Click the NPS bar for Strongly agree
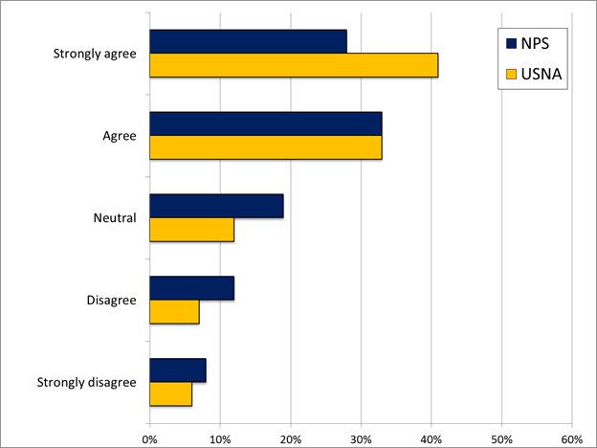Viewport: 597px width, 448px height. click(248, 41)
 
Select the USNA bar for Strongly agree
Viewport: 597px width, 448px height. click(294, 65)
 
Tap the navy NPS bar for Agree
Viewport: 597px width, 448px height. click(266, 123)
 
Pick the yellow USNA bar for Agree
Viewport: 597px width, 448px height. click(266, 147)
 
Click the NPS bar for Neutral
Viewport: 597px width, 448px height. click(216, 206)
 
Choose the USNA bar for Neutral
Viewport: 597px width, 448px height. click(191, 230)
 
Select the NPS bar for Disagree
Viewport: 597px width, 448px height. click(191, 288)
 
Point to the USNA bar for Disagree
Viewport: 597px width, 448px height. click(174, 312)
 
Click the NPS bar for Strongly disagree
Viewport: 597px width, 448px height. click(178, 370)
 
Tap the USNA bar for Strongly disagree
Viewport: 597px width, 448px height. click(170, 394)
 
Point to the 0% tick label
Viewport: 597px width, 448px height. click(149, 439)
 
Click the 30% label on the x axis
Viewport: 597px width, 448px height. click(361, 439)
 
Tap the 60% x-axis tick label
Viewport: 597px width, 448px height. click(571, 439)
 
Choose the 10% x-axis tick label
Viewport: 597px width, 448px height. click(220, 439)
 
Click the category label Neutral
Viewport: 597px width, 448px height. click(116, 217)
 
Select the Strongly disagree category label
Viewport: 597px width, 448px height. click(87, 383)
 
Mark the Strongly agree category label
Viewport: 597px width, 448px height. click(94, 53)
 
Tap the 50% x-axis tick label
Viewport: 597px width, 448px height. click(501, 439)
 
